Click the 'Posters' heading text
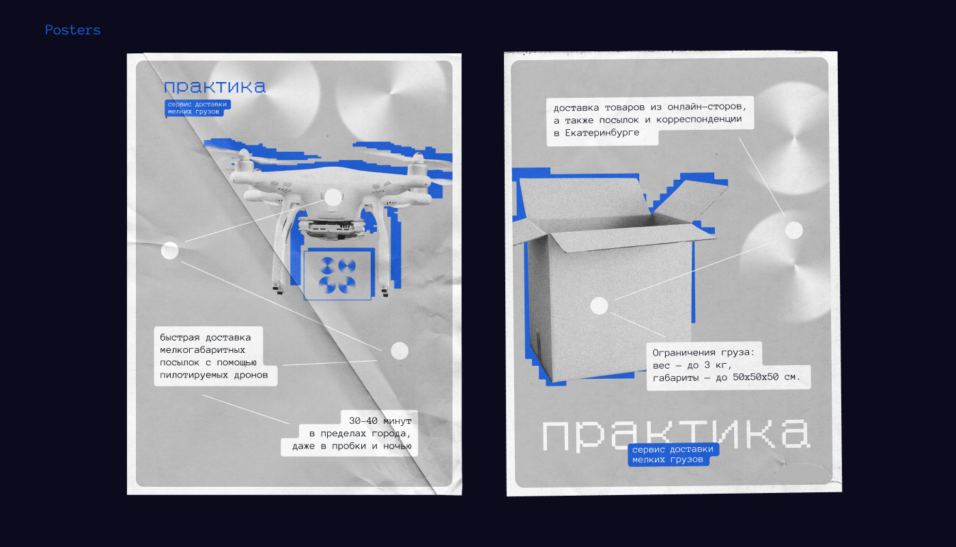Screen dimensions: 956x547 (x=72, y=30)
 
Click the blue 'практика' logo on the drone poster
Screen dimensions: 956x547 (x=214, y=87)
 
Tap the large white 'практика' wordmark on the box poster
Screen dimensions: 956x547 (x=675, y=435)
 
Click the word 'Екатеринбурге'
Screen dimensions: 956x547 (x=602, y=133)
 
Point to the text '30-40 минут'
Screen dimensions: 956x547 (x=380, y=421)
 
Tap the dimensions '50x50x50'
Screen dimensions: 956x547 (x=755, y=377)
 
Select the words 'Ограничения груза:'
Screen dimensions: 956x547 (x=703, y=353)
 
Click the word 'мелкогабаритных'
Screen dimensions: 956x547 (x=202, y=350)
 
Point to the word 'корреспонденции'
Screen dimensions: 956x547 (x=699, y=119)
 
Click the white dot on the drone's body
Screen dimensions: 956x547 (x=333, y=198)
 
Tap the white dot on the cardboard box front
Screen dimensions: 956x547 (x=600, y=306)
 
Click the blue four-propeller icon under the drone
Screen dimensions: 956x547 (x=337, y=275)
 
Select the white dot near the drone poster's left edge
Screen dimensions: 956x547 (x=169, y=250)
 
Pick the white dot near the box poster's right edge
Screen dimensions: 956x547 (x=793, y=230)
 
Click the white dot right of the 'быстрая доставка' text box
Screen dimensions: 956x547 (x=399, y=351)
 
